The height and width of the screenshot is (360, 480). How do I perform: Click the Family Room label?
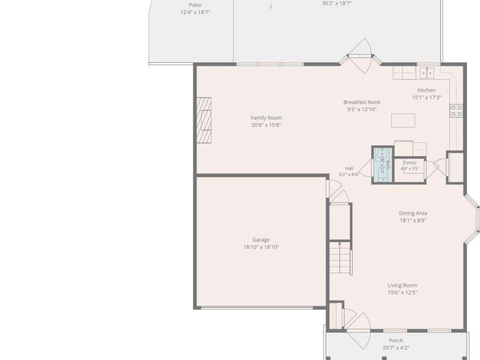click(x=266, y=118)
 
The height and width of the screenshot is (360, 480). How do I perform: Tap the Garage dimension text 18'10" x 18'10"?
click(x=261, y=247)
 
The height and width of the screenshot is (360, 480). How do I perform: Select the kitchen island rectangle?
click(x=403, y=120)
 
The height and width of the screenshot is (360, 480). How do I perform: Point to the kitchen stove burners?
click(x=456, y=111)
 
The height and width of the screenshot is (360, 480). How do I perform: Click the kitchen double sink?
click(x=426, y=73)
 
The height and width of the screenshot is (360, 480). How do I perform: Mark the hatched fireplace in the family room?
click(x=204, y=120)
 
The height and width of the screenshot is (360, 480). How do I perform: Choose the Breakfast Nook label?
click(x=362, y=102)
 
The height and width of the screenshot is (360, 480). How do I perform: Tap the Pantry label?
click(x=409, y=163)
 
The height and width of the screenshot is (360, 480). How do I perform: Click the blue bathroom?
click(x=383, y=165)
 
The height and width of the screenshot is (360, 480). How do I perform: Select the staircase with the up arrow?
click(x=340, y=258)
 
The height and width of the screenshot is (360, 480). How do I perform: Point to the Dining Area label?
click(x=413, y=213)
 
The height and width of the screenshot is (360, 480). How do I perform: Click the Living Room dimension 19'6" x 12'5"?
click(x=402, y=292)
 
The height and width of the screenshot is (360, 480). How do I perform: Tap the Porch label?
click(x=396, y=341)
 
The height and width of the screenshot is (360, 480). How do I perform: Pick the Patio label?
click(x=195, y=5)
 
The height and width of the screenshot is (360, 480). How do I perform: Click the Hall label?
click(x=349, y=169)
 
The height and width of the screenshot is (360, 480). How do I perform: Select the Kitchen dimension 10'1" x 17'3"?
click(x=426, y=97)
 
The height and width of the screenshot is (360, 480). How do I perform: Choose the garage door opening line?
click(x=257, y=308)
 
